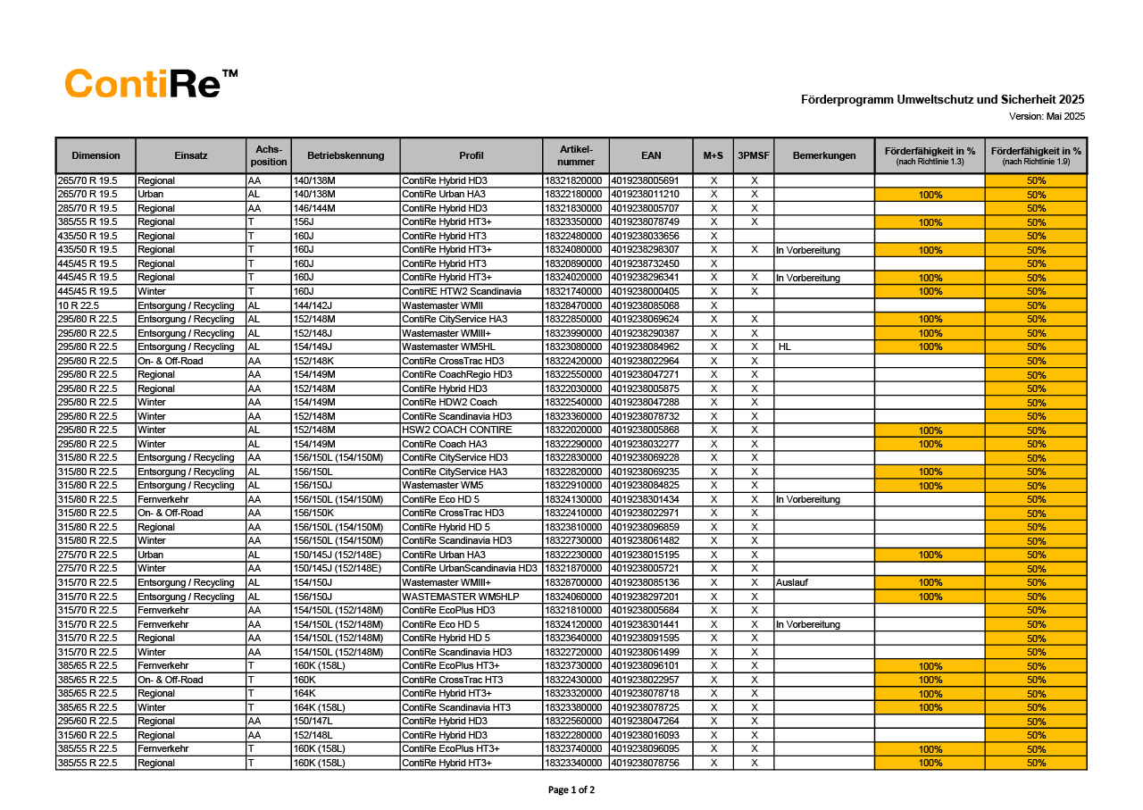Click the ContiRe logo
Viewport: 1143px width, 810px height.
(152, 84)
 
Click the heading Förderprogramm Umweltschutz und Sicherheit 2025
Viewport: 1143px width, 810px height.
(942, 100)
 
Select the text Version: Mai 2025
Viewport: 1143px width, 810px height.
(1047, 116)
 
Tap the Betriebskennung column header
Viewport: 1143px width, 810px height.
(346, 155)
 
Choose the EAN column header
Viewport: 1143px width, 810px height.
(651, 155)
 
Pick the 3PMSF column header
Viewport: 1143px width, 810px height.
(754, 155)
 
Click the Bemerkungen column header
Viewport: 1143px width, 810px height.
(823, 155)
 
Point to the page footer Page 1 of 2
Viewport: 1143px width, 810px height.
(571, 789)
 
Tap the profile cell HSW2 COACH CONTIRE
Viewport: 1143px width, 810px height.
(457, 430)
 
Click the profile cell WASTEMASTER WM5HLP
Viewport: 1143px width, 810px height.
(461, 597)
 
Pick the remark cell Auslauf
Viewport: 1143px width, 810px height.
(792, 582)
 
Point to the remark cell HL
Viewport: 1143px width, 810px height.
(785, 347)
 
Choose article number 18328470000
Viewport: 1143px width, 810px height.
(573, 305)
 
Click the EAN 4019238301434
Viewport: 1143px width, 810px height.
(645, 499)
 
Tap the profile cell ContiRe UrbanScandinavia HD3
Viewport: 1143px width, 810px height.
(470, 569)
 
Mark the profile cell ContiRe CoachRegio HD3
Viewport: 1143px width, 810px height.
(457, 374)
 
